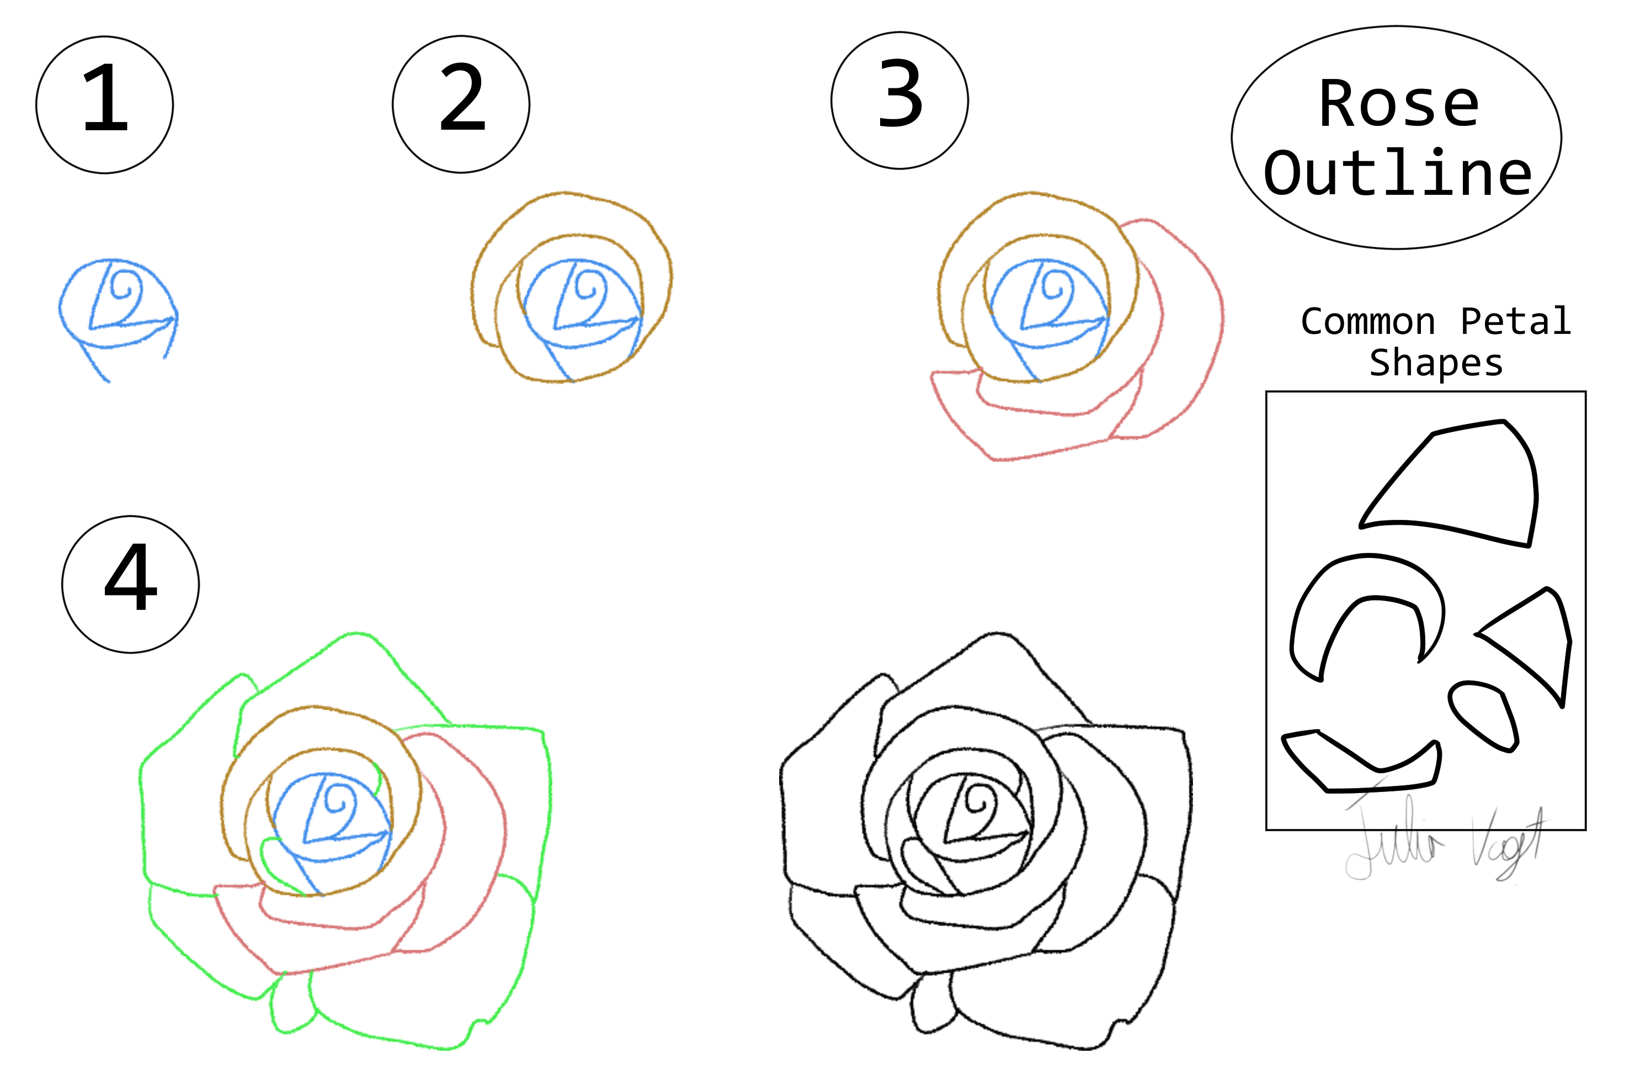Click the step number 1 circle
(x=104, y=105)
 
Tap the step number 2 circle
(x=461, y=104)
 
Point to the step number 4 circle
(x=131, y=584)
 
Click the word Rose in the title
(x=1399, y=104)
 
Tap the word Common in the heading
(x=1367, y=322)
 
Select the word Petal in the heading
(x=1515, y=322)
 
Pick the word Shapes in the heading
(x=1436, y=363)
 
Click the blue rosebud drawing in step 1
(x=118, y=310)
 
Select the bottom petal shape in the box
(x=1362, y=765)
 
